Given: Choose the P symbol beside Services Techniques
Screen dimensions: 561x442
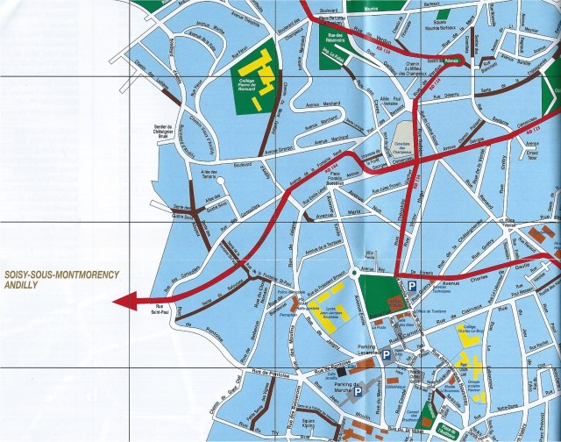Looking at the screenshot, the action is pyautogui.click(x=410, y=286).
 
